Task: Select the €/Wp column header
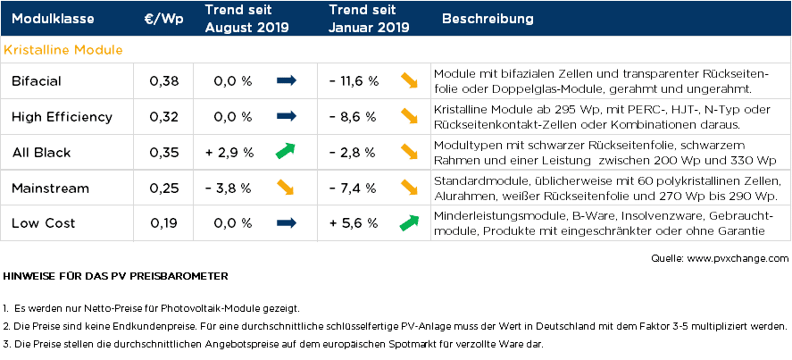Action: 163,19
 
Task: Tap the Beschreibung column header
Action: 488,19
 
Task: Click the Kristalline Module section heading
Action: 63,50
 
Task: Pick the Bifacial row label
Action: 37,81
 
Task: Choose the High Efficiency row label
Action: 62,117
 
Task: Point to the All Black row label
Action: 42,153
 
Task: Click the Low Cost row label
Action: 44,223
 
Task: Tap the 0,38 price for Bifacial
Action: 164,81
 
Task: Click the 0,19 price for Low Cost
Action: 164,223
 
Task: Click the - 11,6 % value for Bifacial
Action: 354,81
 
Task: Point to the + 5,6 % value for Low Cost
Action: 354,223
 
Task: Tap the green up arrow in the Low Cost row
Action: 410,222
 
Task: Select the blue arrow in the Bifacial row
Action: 286,81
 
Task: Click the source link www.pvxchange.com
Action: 739,258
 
